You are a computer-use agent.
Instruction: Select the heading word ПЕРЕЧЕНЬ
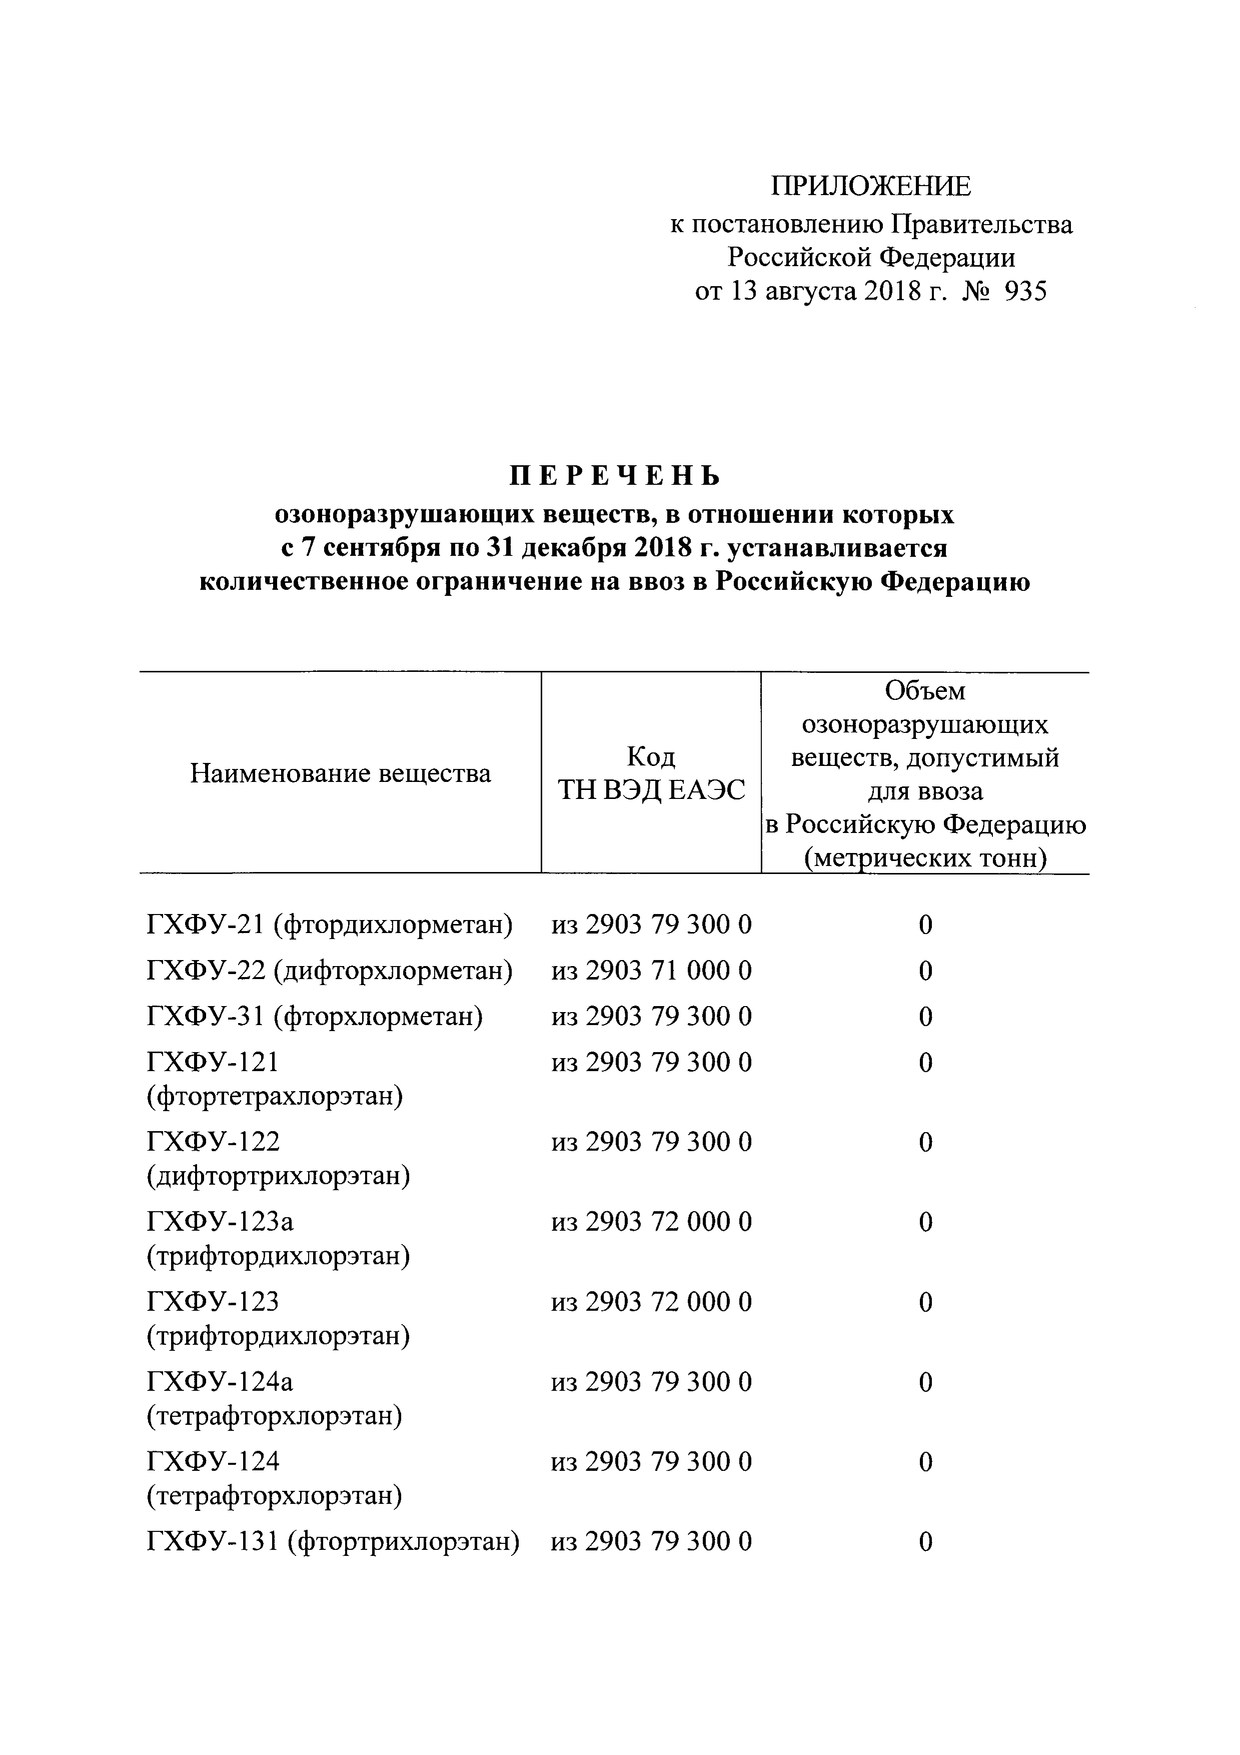(615, 476)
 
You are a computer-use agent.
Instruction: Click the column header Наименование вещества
(340, 773)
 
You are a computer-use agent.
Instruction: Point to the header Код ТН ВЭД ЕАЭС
(651, 773)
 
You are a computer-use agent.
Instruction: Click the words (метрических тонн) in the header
(925, 859)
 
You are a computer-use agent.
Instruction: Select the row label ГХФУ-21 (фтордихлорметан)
(329, 925)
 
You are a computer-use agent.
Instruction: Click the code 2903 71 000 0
(668, 971)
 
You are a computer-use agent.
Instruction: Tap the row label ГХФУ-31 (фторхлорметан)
(314, 1017)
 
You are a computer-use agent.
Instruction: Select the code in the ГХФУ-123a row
(651, 1222)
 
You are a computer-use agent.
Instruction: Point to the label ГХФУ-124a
(219, 1382)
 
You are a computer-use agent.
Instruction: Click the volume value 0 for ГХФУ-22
(925, 971)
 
